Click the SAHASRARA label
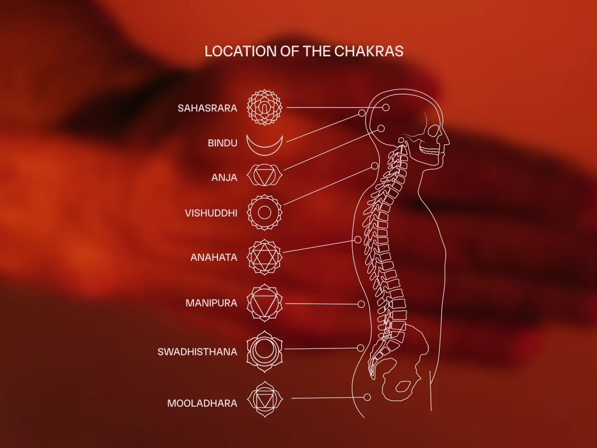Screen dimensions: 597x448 pyautogui.click(x=207, y=108)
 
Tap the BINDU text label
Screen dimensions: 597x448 pyautogui.click(x=222, y=143)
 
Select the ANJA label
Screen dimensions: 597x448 pyautogui.click(x=224, y=177)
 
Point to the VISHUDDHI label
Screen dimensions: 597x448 pyautogui.click(x=211, y=213)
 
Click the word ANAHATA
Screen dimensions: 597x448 pyautogui.click(x=214, y=258)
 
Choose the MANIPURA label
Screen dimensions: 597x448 pyautogui.click(x=211, y=303)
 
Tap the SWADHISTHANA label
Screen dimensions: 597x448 pyautogui.click(x=198, y=352)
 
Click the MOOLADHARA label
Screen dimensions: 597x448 pyautogui.click(x=202, y=403)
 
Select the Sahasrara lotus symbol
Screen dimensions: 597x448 pyautogui.click(x=265, y=108)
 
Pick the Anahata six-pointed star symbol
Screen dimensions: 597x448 pyautogui.click(x=265, y=257)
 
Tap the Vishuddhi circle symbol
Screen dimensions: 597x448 pyautogui.click(x=265, y=213)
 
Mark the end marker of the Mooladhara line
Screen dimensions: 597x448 pyautogui.click(x=367, y=397)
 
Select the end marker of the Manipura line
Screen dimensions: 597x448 pyautogui.click(x=362, y=304)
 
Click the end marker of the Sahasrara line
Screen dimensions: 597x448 pyautogui.click(x=386, y=108)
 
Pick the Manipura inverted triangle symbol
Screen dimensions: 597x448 pyautogui.click(x=265, y=303)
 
